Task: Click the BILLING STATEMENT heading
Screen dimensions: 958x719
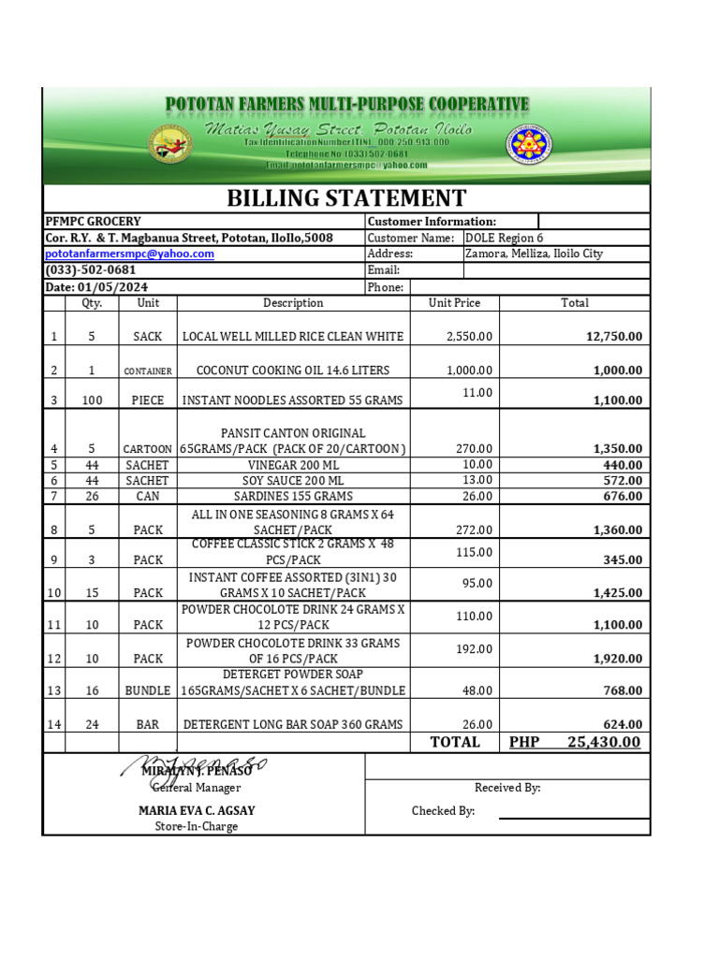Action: click(346, 198)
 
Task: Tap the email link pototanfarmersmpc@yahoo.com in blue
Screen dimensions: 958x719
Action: click(130, 254)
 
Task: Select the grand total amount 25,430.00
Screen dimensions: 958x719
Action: click(604, 742)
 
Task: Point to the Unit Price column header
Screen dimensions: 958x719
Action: click(454, 303)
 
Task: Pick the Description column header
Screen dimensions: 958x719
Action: click(293, 303)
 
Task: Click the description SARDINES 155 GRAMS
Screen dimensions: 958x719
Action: click(293, 497)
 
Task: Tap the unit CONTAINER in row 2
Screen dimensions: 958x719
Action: click(148, 371)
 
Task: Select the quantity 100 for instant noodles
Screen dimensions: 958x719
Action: click(92, 400)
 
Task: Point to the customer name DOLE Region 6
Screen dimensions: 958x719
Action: click(504, 239)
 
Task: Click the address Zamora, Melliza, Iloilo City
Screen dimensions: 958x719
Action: click(535, 254)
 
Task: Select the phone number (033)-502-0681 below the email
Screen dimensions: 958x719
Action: click(91, 270)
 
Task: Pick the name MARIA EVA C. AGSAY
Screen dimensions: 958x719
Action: click(197, 811)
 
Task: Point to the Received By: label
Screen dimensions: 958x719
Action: click(507, 788)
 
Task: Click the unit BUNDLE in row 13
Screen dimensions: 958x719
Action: click(148, 690)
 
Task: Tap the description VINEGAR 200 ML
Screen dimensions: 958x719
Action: click(293, 465)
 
